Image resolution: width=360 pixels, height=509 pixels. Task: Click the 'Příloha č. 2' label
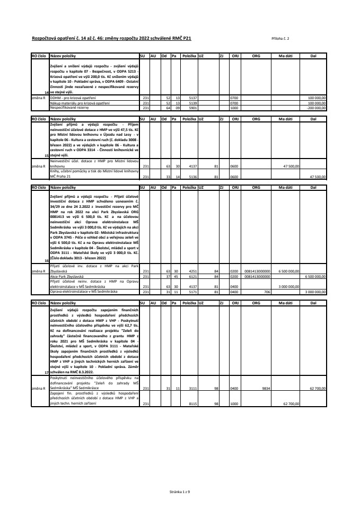(x=279, y=39)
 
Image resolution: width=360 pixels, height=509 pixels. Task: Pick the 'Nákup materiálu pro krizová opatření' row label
(x=80, y=102)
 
